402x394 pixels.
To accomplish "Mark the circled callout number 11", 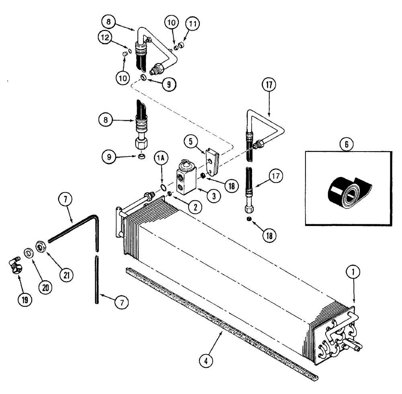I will tap(193, 24).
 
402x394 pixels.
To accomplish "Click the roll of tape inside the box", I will tap(347, 193).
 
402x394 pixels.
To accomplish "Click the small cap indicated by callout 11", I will tap(181, 45).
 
